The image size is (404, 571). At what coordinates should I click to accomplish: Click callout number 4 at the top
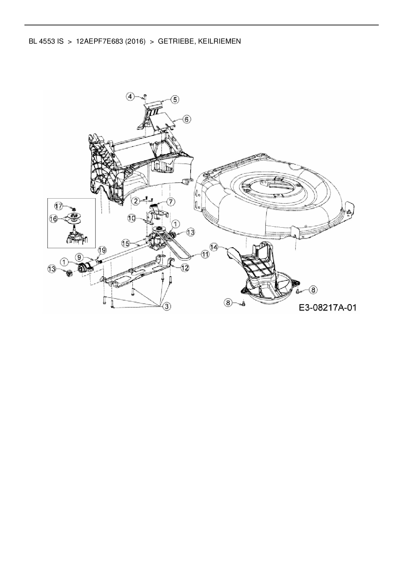[x=130, y=96]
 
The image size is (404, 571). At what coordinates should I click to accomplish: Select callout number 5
[x=175, y=100]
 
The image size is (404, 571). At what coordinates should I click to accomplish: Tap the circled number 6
[x=186, y=119]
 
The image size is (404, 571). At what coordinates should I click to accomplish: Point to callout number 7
[x=171, y=202]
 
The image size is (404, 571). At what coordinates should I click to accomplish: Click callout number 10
[x=131, y=218]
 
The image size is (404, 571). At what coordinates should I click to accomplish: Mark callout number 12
[x=185, y=268]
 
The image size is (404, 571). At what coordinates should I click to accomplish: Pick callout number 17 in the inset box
[x=58, y=206]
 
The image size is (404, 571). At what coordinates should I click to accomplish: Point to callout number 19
[x=102, y=250]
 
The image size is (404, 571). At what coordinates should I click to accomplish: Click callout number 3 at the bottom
[x=167, y=306]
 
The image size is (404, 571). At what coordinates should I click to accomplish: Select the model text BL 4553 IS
[x=46, y=41]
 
